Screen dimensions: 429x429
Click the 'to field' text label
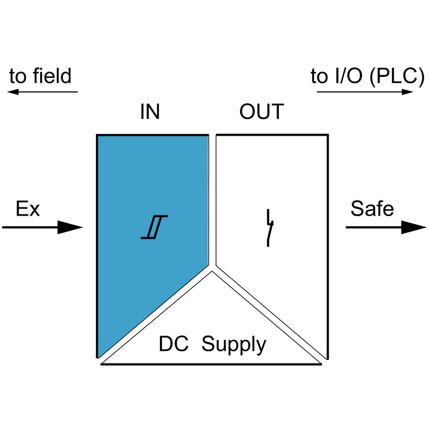click(x=40, y=76)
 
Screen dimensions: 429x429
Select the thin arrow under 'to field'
click(x=42, y=92)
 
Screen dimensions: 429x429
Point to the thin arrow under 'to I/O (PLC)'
click(x=365, y=92)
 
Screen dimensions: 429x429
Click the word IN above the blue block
click(x=150, y=112)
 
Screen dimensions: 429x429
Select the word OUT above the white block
click(x=261, y=112)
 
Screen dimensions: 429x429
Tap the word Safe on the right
click(x=372, y=209)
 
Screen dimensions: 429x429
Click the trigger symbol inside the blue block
click(x=155, y=227)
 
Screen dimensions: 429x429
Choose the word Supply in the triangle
click(x=234, y=345)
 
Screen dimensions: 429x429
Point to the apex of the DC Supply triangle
click(x=212, y=272)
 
